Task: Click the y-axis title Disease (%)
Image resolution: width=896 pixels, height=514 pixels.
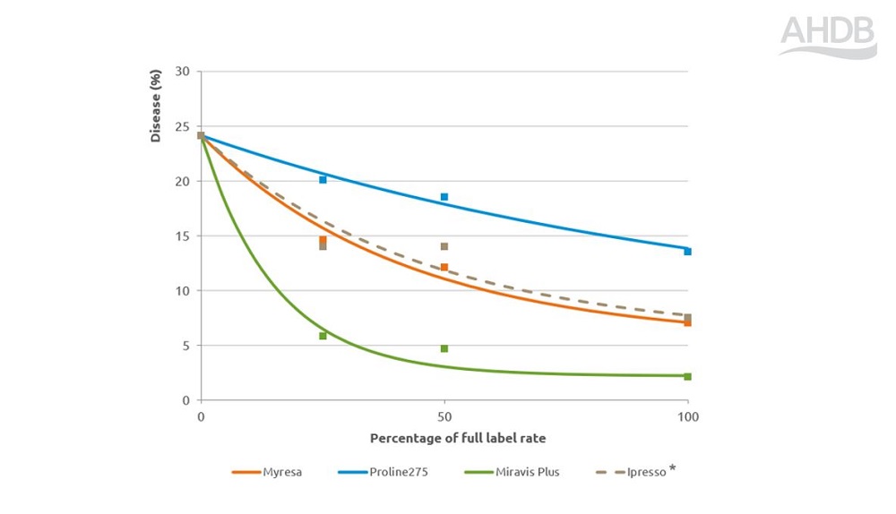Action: [155, 106]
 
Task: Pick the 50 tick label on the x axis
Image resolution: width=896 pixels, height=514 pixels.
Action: [444, 417]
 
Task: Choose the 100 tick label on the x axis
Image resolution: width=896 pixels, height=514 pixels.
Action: [687, 417]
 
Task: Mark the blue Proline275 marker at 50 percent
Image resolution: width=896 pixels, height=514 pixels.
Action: [444, 197]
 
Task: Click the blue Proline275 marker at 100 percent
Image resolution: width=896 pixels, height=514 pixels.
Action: [687, 252]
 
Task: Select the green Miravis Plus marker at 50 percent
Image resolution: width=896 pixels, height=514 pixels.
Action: [444, 348]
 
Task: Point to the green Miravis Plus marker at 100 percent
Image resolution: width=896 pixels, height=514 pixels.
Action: [687, 376]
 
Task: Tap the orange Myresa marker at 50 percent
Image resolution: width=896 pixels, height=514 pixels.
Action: [444, 267]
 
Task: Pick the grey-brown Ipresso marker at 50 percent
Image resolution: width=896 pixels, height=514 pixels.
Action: [444, 246]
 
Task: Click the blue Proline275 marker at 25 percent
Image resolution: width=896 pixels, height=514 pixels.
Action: [323, 180]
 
